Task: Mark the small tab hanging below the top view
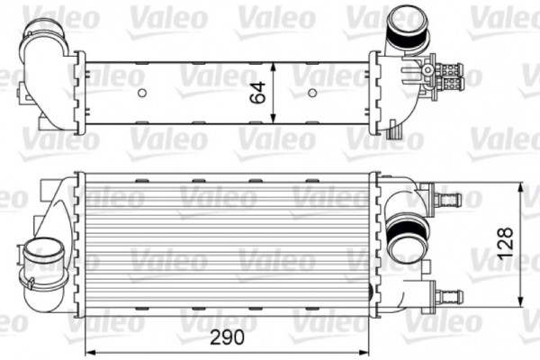point(392,132)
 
